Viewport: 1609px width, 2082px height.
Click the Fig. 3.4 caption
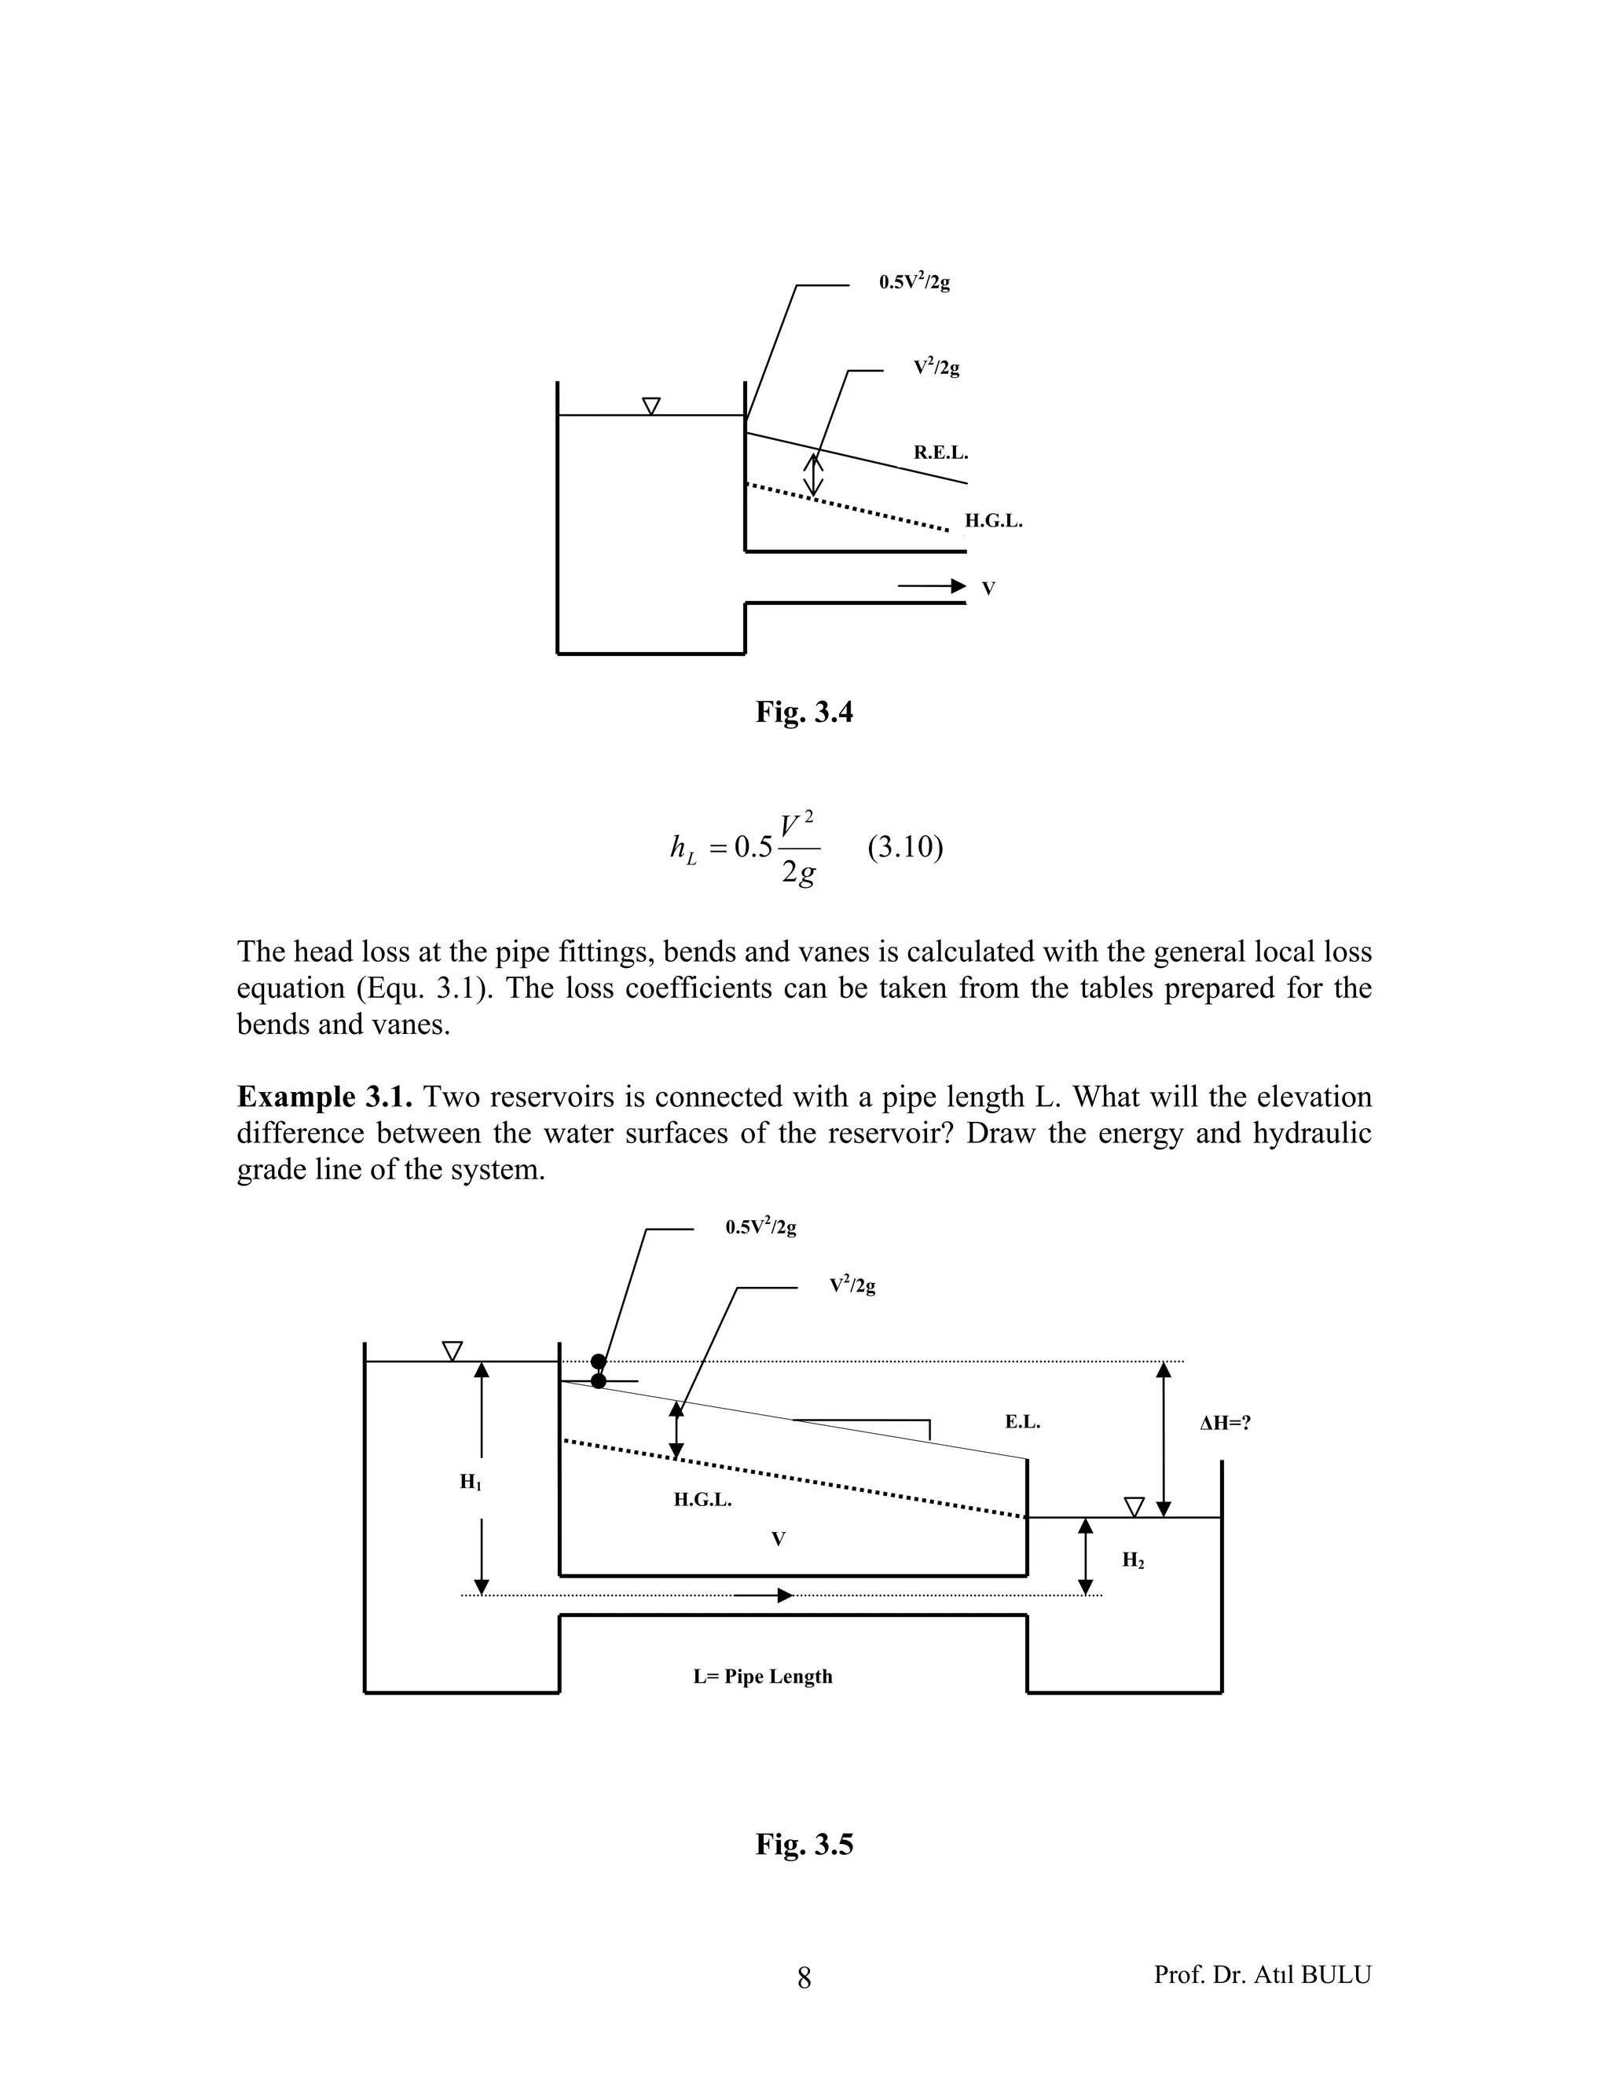[x=804, y=711]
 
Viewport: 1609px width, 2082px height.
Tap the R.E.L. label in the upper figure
[x=940, y=453]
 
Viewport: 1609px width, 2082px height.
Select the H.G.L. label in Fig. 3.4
[x=993, y=522]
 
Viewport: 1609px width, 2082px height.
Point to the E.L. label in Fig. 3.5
[x=1022, y=1422]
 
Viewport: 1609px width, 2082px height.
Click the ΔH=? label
[x=1225, y=1424]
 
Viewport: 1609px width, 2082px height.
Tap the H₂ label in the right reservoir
[x=1132, y=1560]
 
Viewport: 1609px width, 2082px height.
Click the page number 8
[x=804, y=1978]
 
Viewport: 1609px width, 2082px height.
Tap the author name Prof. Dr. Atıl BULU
[x=1262, y=1974]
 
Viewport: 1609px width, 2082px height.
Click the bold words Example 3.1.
[x=324, y=1098]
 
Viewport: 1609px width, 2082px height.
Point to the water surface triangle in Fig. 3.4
[x=651, y=406]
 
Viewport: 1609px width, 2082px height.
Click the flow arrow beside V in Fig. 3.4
[x=933, y=587]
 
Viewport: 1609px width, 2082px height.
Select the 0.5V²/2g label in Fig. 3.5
[x=761, y=1227]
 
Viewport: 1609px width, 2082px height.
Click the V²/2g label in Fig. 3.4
[x=936, y=367]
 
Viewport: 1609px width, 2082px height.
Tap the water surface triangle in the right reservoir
[x=1134, y=1506]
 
